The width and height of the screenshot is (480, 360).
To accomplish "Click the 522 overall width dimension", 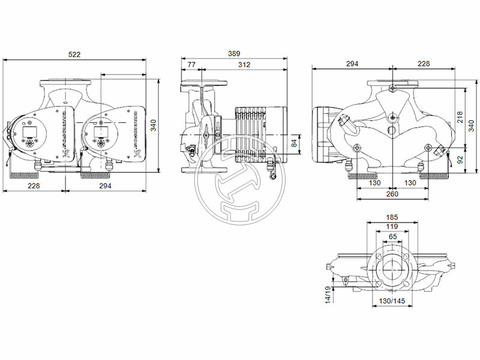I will coord(74,55).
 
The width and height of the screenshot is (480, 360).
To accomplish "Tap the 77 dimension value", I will coord(191,65).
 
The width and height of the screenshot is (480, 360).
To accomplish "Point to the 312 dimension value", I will coord(244,65).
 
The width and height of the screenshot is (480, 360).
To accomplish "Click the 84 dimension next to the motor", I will coord(294,143).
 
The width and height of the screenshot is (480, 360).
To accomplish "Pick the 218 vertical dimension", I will coord(460,117).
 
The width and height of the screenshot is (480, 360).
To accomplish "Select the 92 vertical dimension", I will coord(460,160).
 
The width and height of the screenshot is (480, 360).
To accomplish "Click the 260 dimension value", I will coord(392,194).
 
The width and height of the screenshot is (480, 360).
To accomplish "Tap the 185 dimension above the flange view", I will coord(392,217).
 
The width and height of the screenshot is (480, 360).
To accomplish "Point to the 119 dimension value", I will coord(392,227).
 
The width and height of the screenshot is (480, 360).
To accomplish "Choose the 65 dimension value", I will coord(392,237).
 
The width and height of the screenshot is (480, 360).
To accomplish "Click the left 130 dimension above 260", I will coord(374,183).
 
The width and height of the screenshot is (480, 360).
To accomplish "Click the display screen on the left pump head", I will coord(28,131).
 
